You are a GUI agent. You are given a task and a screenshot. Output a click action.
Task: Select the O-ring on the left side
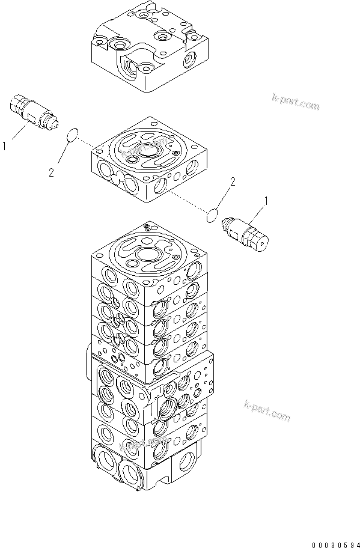pos(72,135)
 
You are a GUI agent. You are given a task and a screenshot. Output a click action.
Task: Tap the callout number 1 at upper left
pos(5,145)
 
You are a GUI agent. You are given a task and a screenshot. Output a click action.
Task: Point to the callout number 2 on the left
pos(52,173)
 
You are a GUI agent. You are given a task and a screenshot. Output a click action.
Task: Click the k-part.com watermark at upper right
pos(295,102)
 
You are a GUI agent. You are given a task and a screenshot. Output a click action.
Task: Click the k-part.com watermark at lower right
pos(267,411)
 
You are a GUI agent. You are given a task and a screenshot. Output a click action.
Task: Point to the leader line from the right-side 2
pos(222,195)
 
